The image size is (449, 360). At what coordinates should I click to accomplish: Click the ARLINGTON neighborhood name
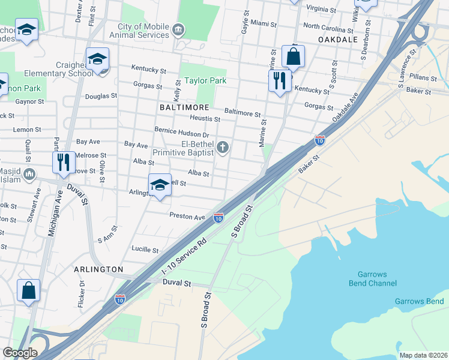[x=98, y=269]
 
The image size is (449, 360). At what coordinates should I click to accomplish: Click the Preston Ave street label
[x=187, y=216]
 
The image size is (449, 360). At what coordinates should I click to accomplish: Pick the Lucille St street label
[x=145, y=250]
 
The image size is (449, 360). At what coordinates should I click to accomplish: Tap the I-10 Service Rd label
[x=184, y=261]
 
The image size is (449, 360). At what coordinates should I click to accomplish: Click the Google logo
[x=20, y=353]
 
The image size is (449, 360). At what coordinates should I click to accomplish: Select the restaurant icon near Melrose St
[x=63, y=162]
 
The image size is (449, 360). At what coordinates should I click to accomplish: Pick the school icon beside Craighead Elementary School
[x=97, y=59]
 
